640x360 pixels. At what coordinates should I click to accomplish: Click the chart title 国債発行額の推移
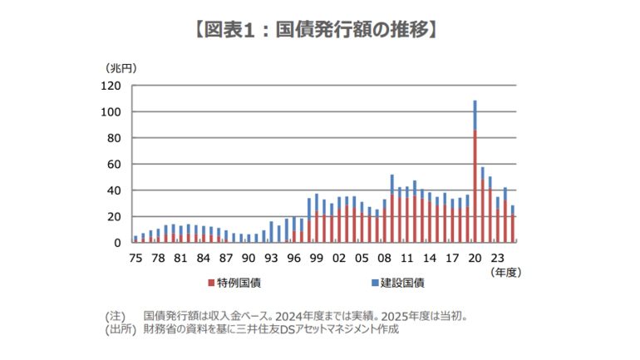pyautogui.click(x=321, y=31)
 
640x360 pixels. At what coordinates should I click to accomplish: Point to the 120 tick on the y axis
pyautogui.click(x=111, y=86)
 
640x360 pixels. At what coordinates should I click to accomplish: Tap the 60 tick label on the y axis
pyautogui.click(x=114, y=165)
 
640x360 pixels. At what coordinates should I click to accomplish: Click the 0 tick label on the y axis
pyautogui.click(x=117, y=243)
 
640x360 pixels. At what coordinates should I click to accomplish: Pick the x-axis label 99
pyautogui.click(x=316, y=258)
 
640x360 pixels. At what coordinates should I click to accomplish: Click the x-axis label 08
pyautogui.click(x=384, y=258)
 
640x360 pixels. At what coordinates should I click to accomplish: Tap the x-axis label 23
pyautogui.click(x=497, y=258)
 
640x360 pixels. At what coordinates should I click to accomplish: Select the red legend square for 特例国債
pyautogui.click(x=210, y=283)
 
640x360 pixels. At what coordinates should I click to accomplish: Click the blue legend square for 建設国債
pyautogui.click(x=372, y=283)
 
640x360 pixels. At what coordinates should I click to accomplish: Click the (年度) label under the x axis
pyautogui.click(x=506, y=272)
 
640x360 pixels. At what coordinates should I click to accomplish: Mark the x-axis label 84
pyautogui.click(x=203, y=258)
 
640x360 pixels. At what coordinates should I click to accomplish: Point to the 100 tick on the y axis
pyautogui.click(x=111, y=112)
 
